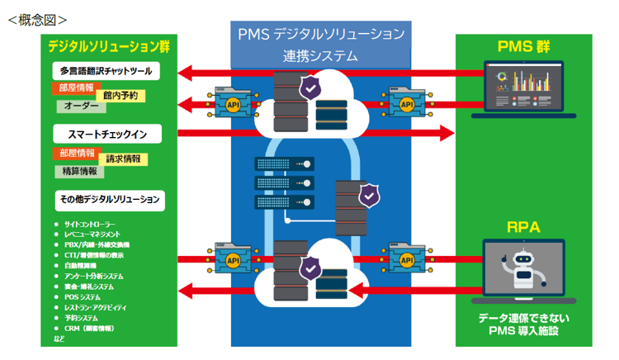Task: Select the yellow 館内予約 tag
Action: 120,96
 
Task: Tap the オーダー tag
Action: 81,107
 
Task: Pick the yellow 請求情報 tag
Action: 123,159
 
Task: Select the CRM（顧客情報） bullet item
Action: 88,328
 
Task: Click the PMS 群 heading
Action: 523,46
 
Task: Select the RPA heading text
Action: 523,225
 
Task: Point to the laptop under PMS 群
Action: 523,91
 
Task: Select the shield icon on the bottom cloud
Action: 310,269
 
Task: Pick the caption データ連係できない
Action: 524,318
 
